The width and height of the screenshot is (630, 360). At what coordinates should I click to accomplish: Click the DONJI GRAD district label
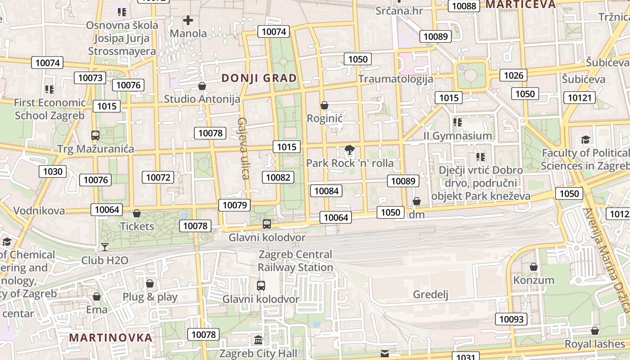[x=259, y=78]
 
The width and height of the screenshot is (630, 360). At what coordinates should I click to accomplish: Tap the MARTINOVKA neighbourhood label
[x=110, y=337]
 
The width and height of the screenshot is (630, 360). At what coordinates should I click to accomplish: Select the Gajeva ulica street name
[x=243, y=148]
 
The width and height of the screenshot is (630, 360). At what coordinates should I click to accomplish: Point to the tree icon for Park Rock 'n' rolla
[x=349, y=150]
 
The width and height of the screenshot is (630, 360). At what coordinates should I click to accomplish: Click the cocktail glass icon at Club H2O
[x=105, y=247]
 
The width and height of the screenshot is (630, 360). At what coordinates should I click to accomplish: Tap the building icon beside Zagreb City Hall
[x=258, y=340]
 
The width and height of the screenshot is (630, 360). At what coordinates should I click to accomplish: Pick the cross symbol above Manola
[x=188, y=20]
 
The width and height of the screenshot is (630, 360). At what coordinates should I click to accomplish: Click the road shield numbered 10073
[x=90, y=78]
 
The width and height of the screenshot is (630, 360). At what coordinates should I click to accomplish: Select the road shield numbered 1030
[x=53, y=171]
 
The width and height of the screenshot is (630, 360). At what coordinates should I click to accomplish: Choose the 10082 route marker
[x=278, y=177]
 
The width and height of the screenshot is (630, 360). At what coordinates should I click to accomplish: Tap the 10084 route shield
[x=326, y=191]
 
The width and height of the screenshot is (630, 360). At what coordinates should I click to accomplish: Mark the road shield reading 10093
[x=512, y=319]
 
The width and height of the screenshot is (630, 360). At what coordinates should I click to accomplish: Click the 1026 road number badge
[x=513, y=75]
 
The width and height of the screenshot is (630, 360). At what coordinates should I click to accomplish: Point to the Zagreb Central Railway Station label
[x=295, y=261]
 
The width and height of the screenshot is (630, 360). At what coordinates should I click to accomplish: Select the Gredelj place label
[x=431, y=295]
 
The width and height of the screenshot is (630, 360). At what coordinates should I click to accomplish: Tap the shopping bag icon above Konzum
[x=534, y=267]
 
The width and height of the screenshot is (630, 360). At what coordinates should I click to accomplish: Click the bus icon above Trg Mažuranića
[x=95, y=135]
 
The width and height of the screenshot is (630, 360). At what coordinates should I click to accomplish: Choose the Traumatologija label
[x=396, y=79]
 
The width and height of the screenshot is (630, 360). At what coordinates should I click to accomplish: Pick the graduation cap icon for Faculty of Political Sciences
[x=585, y=140]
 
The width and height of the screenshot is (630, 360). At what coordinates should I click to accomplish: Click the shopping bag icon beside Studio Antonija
[x=202, y=86]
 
